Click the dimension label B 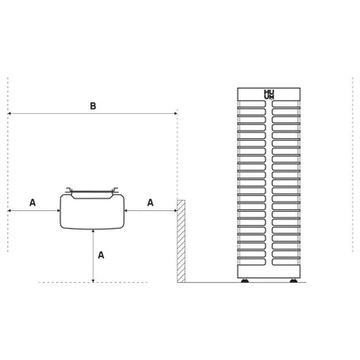[x=93, y=106]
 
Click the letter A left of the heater [x=33, y=203]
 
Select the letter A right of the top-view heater [x=151, y=203]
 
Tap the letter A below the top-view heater [x=101, y=255]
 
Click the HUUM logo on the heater [x=269, y=95]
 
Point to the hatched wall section [x=181, y=241]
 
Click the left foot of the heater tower [x=245, y=280]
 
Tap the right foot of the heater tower [x=293, y=280]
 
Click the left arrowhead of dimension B [x=9, y=114]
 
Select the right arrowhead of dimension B [x=176, y=114]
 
